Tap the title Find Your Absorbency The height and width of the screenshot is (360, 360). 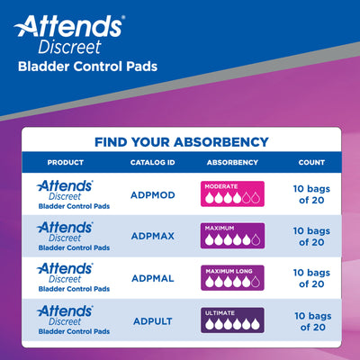[x=181, y=141]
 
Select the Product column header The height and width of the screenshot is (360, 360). [x=65, y=162]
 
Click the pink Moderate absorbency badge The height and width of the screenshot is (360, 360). [x=232, y=193]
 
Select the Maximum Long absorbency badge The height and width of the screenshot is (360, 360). [x=232, y=278]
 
